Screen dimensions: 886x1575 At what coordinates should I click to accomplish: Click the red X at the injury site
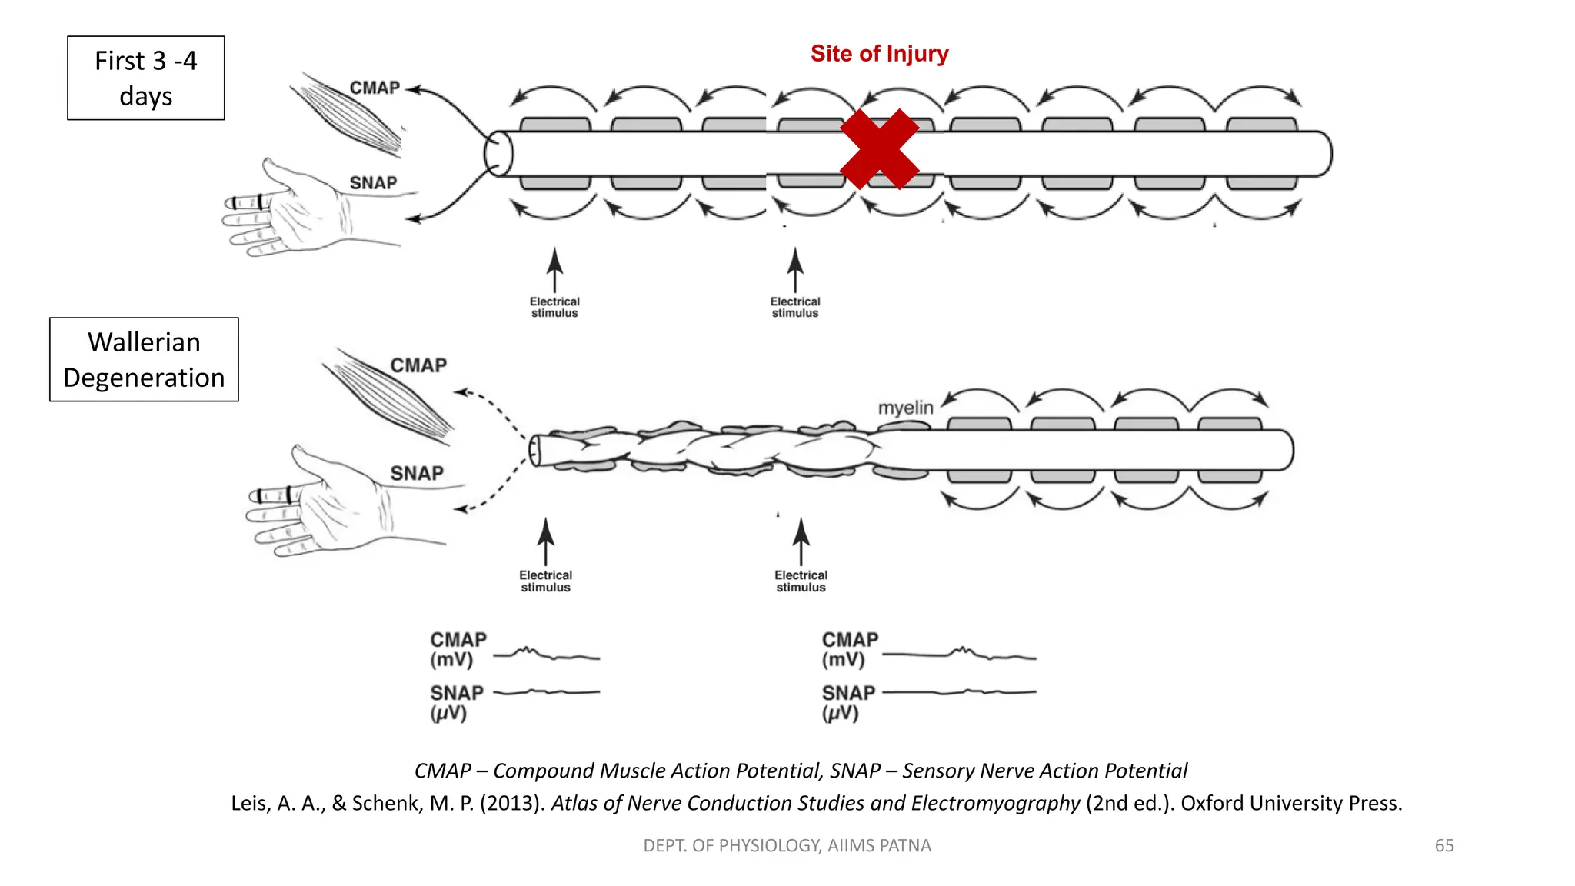coord(880,149)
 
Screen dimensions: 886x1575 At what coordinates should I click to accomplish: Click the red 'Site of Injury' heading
coord(879,54)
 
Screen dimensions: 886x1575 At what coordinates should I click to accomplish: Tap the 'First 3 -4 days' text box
coord(146,78)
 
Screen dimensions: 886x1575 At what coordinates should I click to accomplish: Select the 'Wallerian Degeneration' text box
coord(144,359)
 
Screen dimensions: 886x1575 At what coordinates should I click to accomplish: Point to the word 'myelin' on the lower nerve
coord(905,407)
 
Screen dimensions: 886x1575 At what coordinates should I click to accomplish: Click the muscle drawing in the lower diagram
coord(388,396)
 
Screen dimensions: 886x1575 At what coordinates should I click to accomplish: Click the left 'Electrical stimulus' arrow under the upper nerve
coord(554,271)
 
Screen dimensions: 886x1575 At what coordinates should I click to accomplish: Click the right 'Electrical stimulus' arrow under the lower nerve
coord(801,542)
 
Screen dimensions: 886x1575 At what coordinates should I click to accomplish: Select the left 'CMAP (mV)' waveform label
coord(458,650)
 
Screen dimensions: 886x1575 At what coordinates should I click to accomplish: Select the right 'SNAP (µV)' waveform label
coord(848,702)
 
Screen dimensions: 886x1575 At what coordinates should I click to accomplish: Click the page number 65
coord(1443,845)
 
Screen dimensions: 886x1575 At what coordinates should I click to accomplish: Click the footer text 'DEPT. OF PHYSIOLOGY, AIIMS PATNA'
coord(787,845)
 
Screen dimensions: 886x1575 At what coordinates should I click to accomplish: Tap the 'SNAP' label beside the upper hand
coord(373,183)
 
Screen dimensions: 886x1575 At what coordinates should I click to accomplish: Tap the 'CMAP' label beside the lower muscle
coord(418,365)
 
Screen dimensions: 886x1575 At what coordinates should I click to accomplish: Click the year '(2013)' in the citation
coord(511,803)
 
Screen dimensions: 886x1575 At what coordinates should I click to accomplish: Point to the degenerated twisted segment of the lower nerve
coord(708,450)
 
